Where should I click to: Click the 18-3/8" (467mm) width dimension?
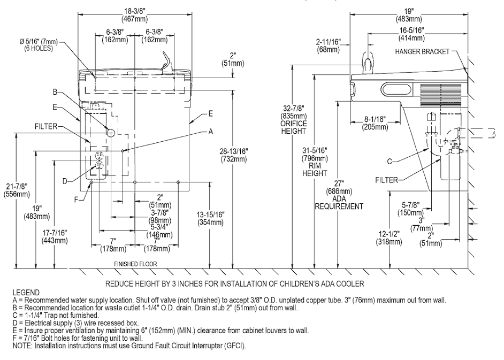pyautogui.click(x=135, y=15)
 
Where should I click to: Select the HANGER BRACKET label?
pyautogui.click(x=422, y=51)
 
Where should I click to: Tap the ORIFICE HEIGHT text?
pyautogui.click(x=293, y=127)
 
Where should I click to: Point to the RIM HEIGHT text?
pyautogui.click(x=315, y=170)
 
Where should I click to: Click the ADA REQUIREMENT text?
pyautogui.click(x=339, y=203)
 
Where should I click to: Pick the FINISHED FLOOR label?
pyautogui.click(x=136, y=264)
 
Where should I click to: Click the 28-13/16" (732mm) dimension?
pyautogui.click(x=234, y=155)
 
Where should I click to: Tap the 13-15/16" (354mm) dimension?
pyautogui.click(x=211, y=218)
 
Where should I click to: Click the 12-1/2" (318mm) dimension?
pyautogui.click(x=389, y=238)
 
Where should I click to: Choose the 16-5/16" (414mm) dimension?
pyautogui.click(x=411, y=34)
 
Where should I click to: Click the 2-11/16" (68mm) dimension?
pyautogui.click(x=328, y=45)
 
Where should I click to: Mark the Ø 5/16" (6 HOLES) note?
pyautogui.click(x=39, y=45)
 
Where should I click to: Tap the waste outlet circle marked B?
pyautogui.click(x=110, y=132)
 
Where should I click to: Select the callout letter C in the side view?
pyautogui.click(x=390, y=161)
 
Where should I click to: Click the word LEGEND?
pyautogui.click(x=26, y=293)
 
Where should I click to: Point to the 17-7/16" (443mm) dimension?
pyautogui.click(x=55, y=236)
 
